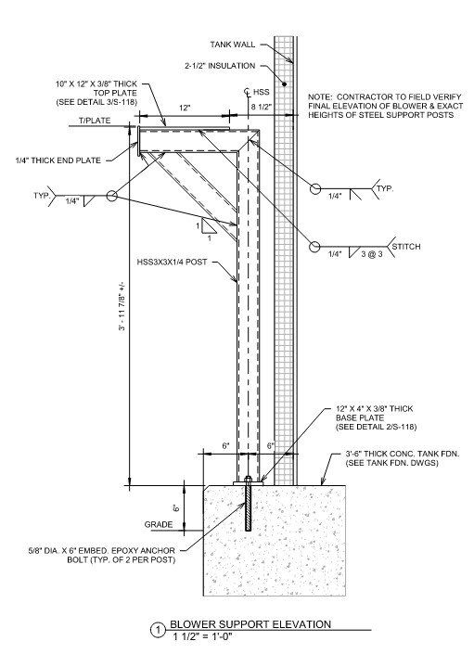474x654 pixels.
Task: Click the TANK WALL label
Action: (x=233, y=45)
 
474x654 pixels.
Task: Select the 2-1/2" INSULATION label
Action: (x=220, y=66)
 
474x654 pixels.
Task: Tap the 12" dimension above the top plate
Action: (x=186, y=108)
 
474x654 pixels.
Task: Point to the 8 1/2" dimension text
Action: (x=262, y=107)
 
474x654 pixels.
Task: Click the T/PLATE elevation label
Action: (x=95, y=121)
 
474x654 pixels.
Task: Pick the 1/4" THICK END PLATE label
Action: (x=58, y=160)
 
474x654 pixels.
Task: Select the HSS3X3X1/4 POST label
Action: (x=172, y=263)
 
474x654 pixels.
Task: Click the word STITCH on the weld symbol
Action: (x=406, y=247)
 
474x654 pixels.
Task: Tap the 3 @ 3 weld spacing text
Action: (x=372, y=253)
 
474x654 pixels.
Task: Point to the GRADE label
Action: (x=159, y=524)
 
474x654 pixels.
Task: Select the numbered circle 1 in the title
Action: (x=158, y=631)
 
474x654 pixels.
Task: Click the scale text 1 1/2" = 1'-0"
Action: (x=202, y=636)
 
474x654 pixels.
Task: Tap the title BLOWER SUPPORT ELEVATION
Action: (x=250, y=624)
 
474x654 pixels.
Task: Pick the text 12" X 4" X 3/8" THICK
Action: (x=375, y=409)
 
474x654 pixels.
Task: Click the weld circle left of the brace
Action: (x=111, y=195)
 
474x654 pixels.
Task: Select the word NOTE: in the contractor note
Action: (x=320, y=96)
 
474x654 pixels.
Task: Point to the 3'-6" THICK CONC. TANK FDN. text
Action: (x=403, y=454)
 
